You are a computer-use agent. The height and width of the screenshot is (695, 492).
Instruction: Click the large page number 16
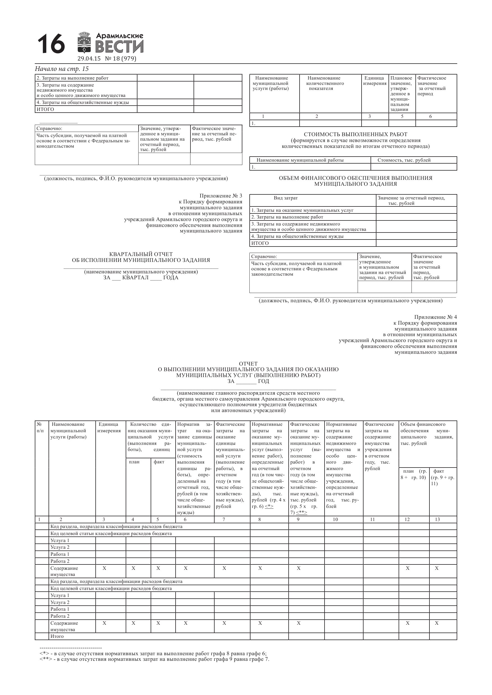(x=51, y=44)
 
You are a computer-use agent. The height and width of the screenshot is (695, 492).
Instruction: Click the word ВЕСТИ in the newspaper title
(x=119, y=47)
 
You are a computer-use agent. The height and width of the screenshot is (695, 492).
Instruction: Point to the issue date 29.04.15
(x=89, y=59)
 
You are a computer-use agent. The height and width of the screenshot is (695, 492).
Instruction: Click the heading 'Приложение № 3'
(x=221, y=196)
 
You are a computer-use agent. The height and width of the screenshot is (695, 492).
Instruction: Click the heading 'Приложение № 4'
(x=435, y=317)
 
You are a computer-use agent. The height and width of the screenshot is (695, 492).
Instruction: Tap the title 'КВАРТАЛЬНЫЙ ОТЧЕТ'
(x=141, y=254)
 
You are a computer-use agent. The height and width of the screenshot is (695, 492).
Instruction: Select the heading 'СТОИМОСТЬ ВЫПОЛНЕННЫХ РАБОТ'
(x=356, y=134)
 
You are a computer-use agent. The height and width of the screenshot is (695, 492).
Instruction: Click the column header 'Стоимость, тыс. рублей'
(x=404, y=160)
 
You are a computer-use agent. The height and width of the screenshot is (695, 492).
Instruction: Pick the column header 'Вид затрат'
(x=286, y=198)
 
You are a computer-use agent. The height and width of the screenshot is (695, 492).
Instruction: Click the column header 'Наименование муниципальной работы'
(x=300, y=160)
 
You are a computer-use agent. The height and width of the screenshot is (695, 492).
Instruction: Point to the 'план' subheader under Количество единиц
(x=134, y=462)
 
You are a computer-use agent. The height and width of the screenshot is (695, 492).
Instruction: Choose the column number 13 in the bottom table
(x=437, y=519)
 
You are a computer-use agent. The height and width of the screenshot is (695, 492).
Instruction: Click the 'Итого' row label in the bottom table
(x=57, y=636)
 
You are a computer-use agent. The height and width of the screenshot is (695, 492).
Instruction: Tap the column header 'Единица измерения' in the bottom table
(x=109, y=427)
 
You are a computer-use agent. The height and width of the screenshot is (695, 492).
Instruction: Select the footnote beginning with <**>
(x=154, y=659)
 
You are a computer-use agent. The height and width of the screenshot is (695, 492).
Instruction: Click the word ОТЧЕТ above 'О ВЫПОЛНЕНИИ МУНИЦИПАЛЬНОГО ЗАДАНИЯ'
(x=248, y=364)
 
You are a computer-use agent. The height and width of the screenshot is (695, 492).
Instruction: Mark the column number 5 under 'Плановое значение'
(x=402, y=117)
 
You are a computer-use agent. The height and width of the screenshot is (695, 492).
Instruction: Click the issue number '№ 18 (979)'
(x=121, y=59)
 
